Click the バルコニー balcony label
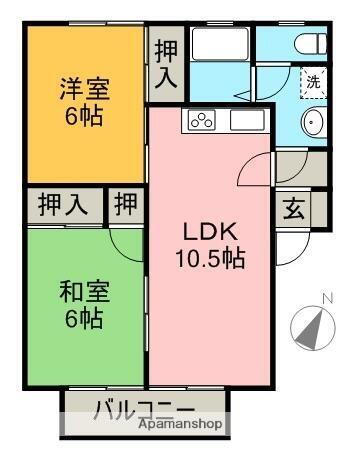point(145,408)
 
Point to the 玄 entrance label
point(294,210)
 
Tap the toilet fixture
point(309,45)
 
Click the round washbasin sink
point(312,123)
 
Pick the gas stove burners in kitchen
point(198,121)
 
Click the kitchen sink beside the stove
point(245,121)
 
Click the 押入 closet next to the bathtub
point(165,62)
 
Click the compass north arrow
point(311,328)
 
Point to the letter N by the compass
point(327,297)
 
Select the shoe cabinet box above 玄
point(294,169)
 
